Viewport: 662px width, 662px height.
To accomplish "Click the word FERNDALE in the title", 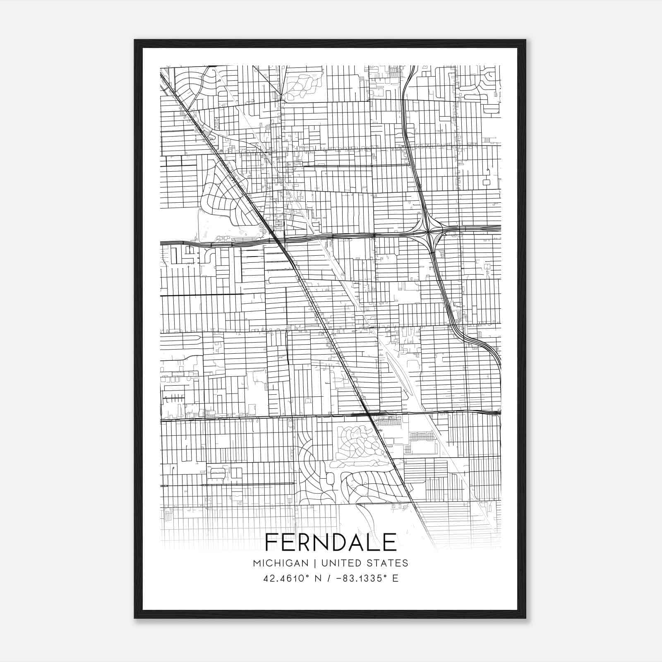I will click(x=331, y=542).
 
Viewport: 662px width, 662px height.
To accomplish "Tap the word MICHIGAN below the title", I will click(x=281, y=563).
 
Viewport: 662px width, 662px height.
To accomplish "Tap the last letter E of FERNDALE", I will click(x=390, y=542).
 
